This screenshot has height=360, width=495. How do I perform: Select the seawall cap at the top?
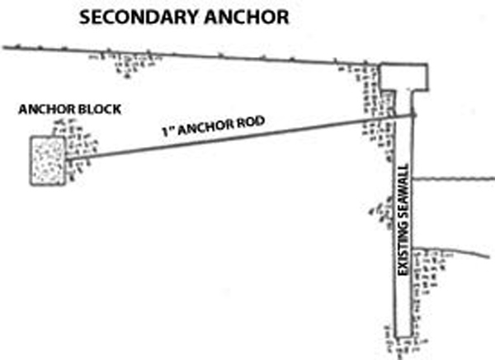pyautogui.click(x=404, y=77)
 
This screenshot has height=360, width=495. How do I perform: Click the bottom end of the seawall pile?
pyautogui.click(x=403, y=335)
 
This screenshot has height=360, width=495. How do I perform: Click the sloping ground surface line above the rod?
pyautogui.click(x=206, y=56)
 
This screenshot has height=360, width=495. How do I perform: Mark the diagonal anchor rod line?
pyautogui.click(x=247, y=136)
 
